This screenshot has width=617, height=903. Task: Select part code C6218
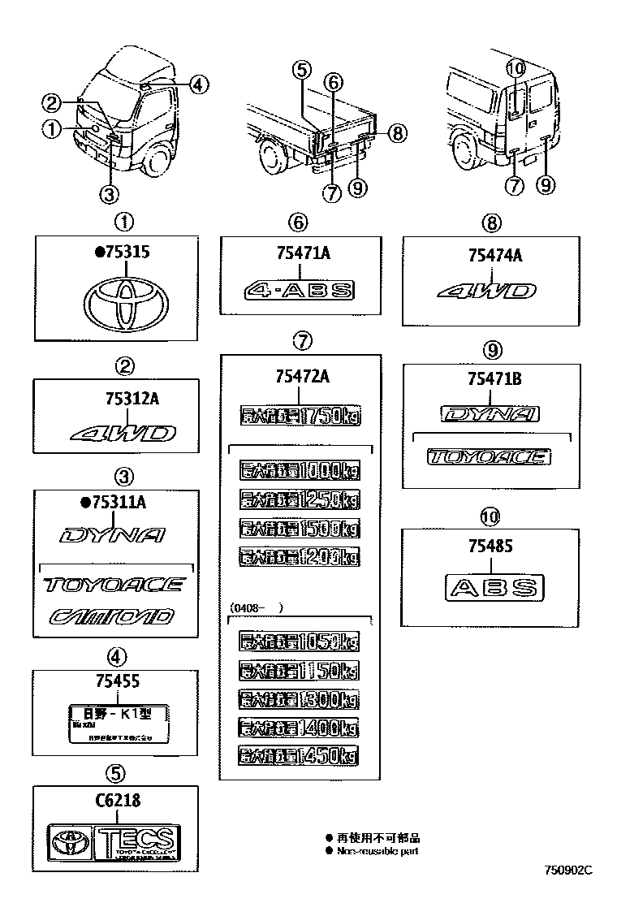click(x=116, y=801)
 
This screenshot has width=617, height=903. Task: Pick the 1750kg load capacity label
click(x=300, y=417)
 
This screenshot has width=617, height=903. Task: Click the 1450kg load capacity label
click(x=299, y=755)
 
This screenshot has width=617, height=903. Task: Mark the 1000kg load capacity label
click(x=300, y=471)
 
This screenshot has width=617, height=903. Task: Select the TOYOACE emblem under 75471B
click(x=489, y=457)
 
